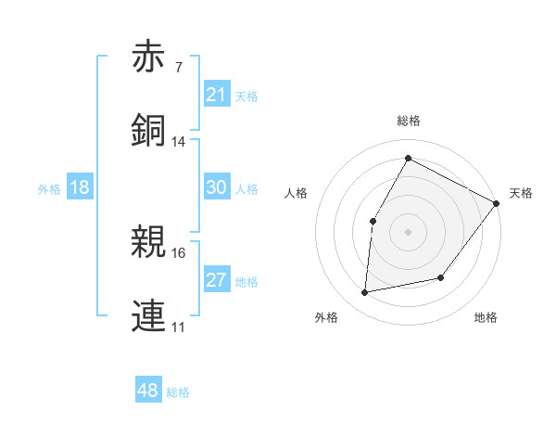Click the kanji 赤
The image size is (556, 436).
click(x=148, y=57)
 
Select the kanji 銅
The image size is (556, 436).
click(x=148, y=129)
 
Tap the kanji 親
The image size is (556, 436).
click(x=148, y=242)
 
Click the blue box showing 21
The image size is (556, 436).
click(x=217, y=95)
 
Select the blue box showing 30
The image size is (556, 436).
click(x=217, y=187)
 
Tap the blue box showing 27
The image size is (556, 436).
click(x=217, y=280)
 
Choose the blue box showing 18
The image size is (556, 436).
click(x=80, y=187)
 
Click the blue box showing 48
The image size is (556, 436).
click(x=147, y=391)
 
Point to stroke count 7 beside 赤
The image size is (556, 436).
click(x=178, y=67)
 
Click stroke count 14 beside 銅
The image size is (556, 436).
click(x=179, y=141)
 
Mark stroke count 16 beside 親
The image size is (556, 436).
click(x=179, y=252)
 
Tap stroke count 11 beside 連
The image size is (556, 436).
click(x=179, y=327)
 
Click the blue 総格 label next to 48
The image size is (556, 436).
click(x=178, y=392)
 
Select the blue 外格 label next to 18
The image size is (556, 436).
click(x=49, y=189)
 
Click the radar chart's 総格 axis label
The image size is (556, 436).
click(x=408, y=121)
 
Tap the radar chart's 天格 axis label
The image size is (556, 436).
click(x=521, y=193)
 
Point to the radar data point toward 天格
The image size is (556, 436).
click(x=496, y=203)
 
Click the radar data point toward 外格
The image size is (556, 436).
click(x=365, y=293)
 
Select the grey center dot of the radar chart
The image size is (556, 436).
click(x=408, y=231)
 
